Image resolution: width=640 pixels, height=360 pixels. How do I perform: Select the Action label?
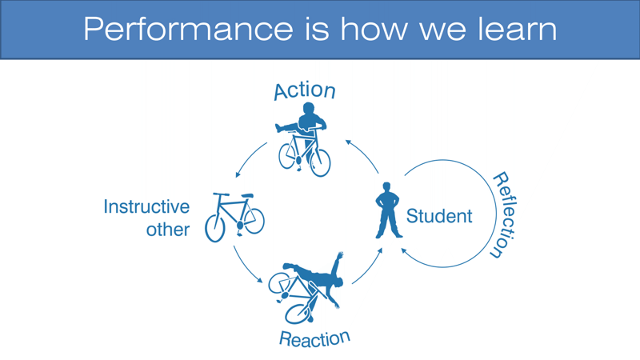[304, 90]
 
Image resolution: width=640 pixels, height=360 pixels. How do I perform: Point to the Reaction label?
[314, 338]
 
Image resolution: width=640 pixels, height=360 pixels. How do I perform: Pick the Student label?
[439, 216]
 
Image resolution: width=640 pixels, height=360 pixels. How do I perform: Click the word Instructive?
[146, 206]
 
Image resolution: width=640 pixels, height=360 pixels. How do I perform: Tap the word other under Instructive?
[167, 230]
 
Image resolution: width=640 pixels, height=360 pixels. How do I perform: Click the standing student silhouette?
[387, 210]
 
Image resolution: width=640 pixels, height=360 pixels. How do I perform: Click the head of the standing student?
[387, 187]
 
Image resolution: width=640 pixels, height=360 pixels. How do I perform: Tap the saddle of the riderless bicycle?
[247, 195]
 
